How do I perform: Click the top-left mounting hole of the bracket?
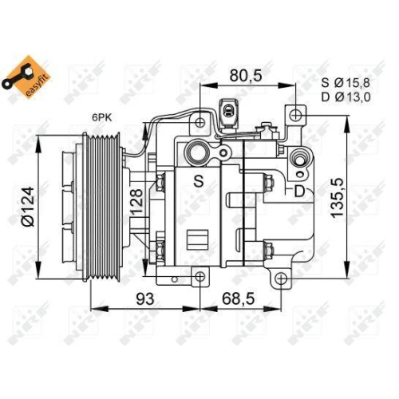point(198,122)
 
